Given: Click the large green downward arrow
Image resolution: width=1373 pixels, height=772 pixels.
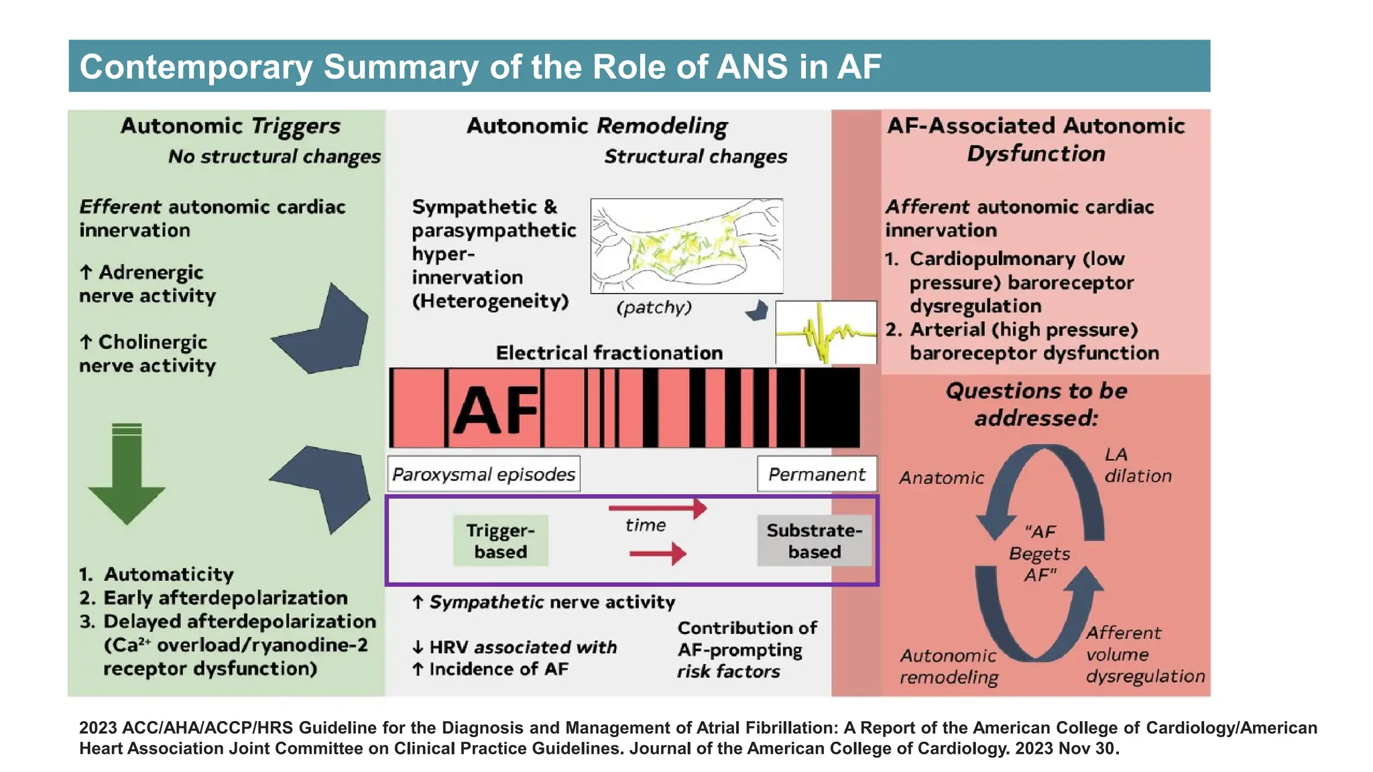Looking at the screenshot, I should (x=127, y=476).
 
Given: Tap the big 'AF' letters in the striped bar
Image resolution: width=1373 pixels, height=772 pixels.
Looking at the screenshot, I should (x=495, y=409).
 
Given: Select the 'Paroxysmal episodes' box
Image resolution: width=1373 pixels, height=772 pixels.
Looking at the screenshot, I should (x=483, y=474).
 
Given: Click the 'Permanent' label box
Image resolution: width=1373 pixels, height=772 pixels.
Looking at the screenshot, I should (x=817, y=474).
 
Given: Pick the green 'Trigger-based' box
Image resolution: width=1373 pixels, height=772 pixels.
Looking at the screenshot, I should (x=500, y=541).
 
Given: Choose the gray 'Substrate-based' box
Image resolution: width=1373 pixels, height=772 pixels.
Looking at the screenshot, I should (x=814, y=541).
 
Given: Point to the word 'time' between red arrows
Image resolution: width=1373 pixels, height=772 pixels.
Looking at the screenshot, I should (x=645, y=525).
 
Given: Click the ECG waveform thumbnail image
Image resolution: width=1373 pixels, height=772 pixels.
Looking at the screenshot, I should (x=826, y=332).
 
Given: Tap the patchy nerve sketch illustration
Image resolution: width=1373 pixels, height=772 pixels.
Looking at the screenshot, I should (x=686, y=246).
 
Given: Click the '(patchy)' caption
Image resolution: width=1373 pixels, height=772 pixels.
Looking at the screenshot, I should (x=654, y=308).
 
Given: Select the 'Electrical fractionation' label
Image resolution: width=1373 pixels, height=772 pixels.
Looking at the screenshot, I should (x=609, y=353).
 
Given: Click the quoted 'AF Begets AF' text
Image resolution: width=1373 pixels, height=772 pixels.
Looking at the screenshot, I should (x=1039, y=554).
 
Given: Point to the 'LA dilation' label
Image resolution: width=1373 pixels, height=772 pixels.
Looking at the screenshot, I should (x=1138, y=465).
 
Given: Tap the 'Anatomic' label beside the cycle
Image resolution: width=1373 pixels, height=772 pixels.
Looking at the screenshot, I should (x=941, y=478).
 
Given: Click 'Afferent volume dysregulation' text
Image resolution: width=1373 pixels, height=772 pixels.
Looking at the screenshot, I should (x=1144, y=654).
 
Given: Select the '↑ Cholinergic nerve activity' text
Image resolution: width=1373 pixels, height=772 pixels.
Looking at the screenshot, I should (x=147, y=354).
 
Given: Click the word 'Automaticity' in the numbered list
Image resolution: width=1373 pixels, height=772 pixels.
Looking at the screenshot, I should (x=168, y=574).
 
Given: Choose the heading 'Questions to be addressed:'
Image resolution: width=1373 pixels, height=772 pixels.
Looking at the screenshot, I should (x=1036, y=404).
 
